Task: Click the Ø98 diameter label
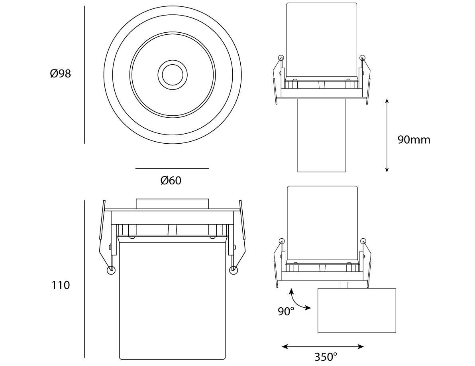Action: [x=60, y=73]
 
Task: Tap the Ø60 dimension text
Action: [x=171, y=180]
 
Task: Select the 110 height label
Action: [x=61, y=285]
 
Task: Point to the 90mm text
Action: [x=414, y=140]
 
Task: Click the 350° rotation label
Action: [x=326, y=357]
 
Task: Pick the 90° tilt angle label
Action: [x=286, y=311]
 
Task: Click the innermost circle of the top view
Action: [x=173, y=75]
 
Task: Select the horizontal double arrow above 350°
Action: [x=323, y=346]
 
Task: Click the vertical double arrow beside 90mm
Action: [x=387, y=135]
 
